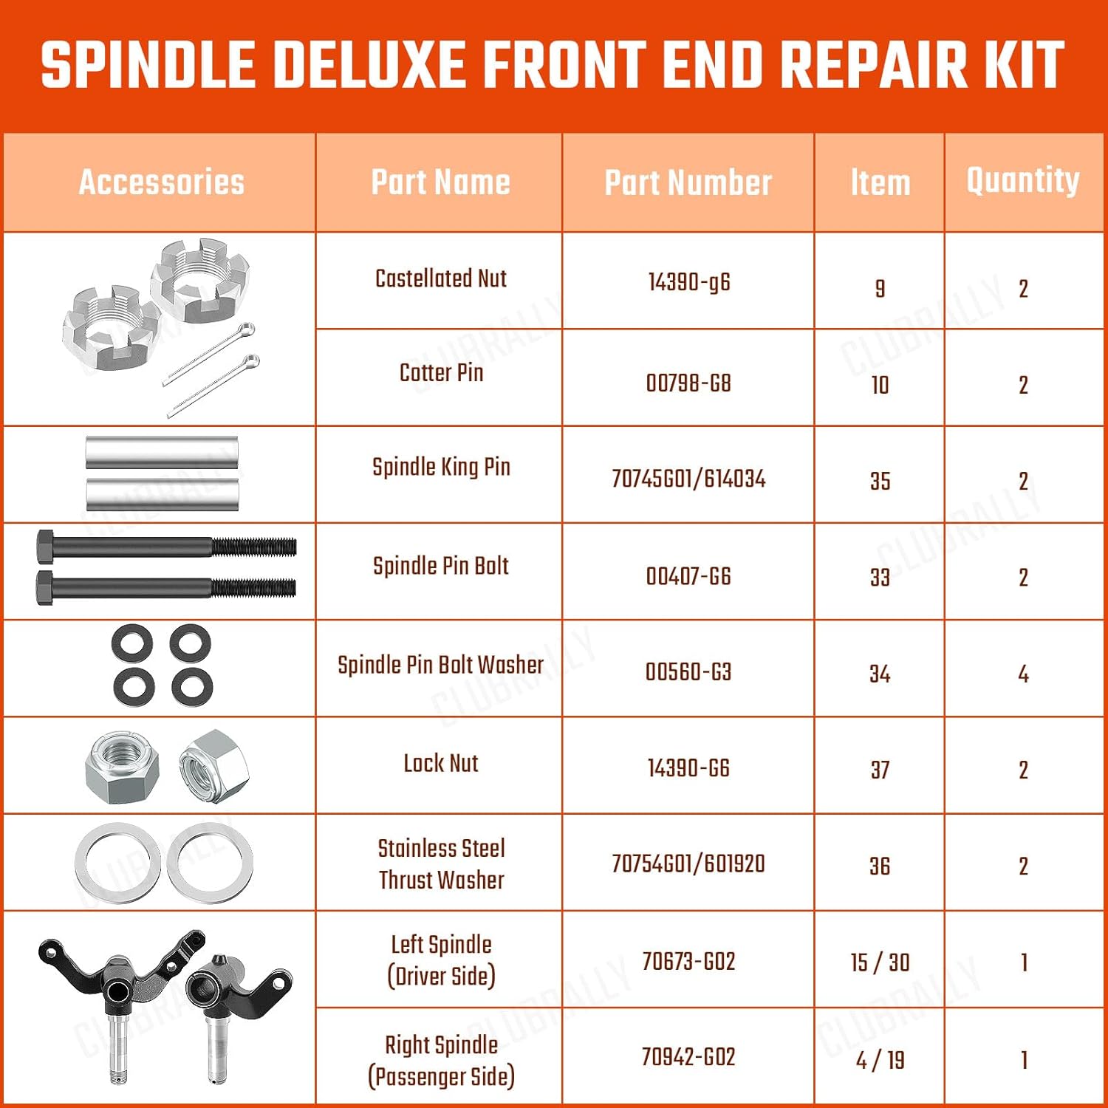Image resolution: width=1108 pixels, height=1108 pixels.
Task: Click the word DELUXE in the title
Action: click(x=374, y=65)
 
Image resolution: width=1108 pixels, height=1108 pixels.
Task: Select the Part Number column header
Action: click(x=688, y=182)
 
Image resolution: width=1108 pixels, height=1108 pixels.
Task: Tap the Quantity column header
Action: click(x=1023, y=180)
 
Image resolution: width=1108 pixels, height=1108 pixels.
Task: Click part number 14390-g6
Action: click(x=688, y=281)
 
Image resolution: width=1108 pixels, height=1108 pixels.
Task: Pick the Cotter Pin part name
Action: click(x=441, y=372)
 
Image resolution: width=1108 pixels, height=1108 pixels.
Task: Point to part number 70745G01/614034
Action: click(x=688, y=479)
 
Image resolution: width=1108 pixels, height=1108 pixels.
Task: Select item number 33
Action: click(x=879, y=577)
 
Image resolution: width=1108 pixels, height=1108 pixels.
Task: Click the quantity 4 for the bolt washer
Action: click(x=1023, y=674)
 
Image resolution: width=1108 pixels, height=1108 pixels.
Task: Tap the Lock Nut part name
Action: click(x=441, y=763)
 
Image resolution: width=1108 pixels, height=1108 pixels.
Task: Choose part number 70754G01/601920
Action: click(x=688, y=864)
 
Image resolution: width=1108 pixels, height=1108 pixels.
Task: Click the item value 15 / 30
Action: click(x=879, y=962)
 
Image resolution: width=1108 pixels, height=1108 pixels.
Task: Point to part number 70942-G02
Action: click(x=688, y=1057)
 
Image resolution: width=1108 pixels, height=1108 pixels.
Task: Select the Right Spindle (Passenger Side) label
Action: click(x=441, y=1061)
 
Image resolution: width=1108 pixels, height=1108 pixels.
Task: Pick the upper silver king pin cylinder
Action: click(x=162, y=452)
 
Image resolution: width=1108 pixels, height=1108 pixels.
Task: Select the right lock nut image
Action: click(x=213, y=767)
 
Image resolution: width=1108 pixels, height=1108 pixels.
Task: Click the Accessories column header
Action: click(x=161, y=182)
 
